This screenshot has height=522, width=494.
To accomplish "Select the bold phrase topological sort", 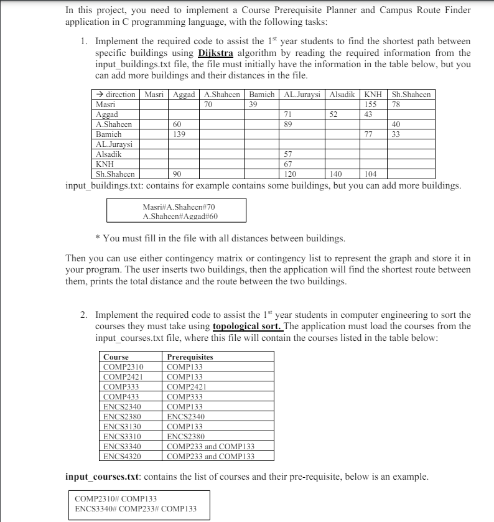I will click(x=247, y=325).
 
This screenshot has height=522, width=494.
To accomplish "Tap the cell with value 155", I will click(x=371, y=105).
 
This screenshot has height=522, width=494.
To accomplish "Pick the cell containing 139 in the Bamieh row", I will click(x=180, y=134).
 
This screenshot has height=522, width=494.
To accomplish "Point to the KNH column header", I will click(x=372, y=95).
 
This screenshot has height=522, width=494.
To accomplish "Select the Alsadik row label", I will click(x=109, y=154).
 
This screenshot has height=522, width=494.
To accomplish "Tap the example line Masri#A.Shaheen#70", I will click(x=179, y=207).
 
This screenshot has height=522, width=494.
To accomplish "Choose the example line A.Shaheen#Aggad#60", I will click(x=180, y=217).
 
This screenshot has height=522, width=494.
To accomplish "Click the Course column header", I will click(x=116, y=357).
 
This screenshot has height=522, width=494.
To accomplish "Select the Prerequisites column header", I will click(x=190, y=357).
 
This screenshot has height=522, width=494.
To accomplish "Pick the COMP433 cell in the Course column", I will click(x=121, y=396).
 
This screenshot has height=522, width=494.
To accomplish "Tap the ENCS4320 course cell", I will click(x=122, y=456).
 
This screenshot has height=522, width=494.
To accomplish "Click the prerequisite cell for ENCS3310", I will click(x=186, y=436).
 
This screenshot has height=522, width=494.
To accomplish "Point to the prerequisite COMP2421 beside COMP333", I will click(x=187, y=386).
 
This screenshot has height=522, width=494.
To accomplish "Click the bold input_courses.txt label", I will click(x=102, y=477).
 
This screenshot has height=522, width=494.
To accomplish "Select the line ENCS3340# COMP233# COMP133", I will click(x=135, y=509).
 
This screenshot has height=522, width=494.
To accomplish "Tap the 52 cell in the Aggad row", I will click(x=333, y=114).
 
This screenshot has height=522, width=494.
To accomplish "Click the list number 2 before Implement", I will click(x=83, y=315).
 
